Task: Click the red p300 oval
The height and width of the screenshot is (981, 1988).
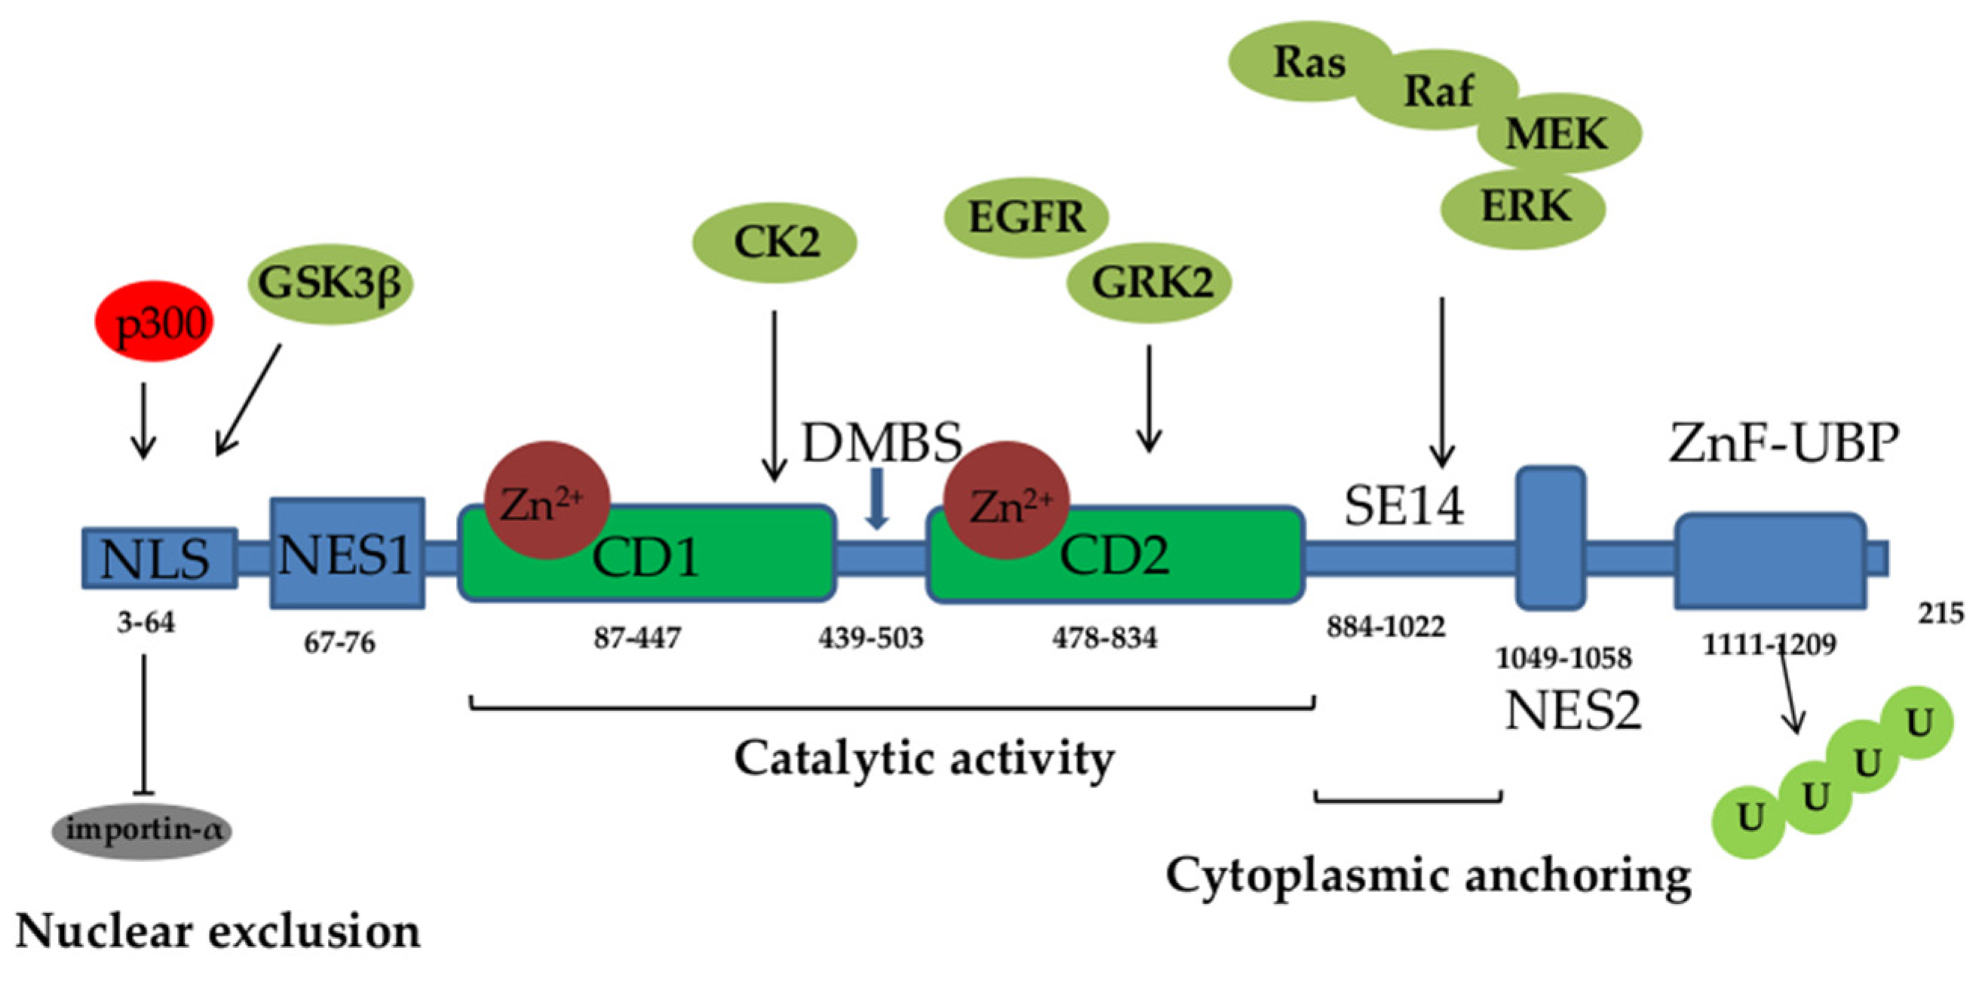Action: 154,323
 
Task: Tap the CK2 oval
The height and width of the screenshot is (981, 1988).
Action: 776,242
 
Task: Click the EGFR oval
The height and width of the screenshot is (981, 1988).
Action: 1026,217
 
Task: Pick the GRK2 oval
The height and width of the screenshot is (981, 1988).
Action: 1149,284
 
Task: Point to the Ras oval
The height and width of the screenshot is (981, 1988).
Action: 1309,63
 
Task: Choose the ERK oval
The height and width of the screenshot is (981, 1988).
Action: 1525,207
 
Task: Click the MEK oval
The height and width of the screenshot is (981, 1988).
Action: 1558,133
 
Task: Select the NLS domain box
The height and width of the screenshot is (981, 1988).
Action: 158,559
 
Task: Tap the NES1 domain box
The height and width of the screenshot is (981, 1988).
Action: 347,553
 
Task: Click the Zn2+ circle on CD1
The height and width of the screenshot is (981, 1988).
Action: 547,500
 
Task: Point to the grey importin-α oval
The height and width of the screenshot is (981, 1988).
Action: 142,830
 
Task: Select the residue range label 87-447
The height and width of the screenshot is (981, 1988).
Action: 637,639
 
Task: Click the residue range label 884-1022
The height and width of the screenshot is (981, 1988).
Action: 1386,627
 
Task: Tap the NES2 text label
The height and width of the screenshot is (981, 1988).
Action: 1573,710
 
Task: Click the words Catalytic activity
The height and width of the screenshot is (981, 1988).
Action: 924,759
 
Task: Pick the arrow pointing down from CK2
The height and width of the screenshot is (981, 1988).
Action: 774,394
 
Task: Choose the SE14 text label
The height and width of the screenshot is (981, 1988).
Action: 1404,507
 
